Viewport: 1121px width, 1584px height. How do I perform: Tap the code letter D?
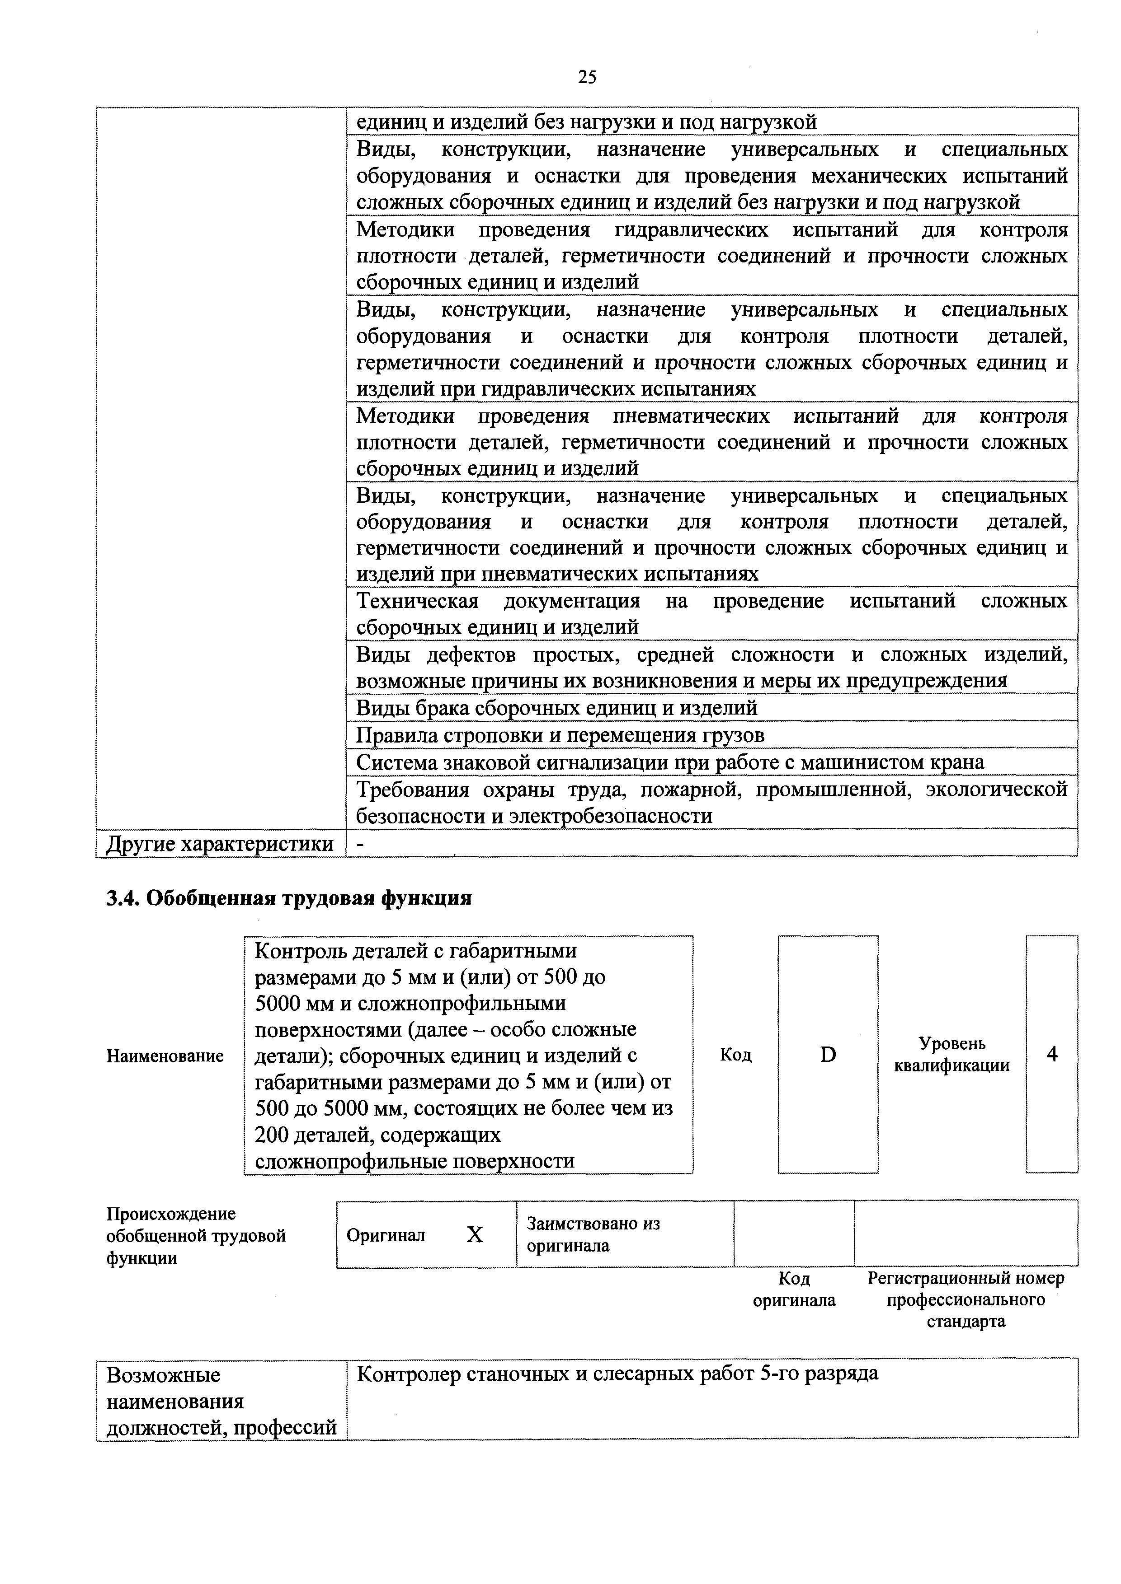coord(828,1054)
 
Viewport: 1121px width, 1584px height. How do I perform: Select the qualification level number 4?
coord(1051,1054)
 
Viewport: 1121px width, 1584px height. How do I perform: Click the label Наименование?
coord(165,1056)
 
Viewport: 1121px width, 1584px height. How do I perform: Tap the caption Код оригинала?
coord(794,1290)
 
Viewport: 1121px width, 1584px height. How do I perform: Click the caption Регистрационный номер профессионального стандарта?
coord(966,1300)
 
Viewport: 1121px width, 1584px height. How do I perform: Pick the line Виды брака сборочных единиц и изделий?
coord(556,708)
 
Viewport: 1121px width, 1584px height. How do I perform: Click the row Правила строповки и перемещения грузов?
coord(560,735)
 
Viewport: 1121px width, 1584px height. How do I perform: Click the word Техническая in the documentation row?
coord(417,602)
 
